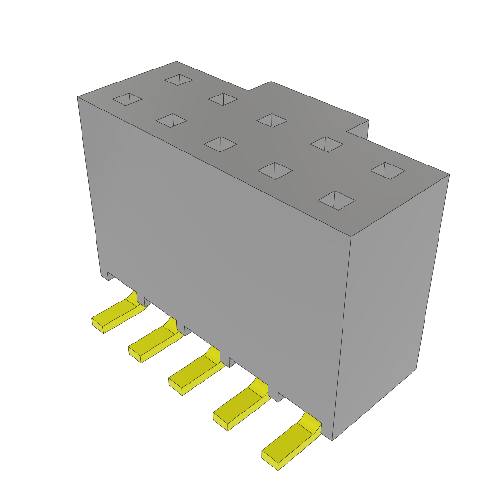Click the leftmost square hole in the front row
[x=127, y=99]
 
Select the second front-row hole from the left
[x=171, y=121]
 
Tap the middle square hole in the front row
[x=220, y=144]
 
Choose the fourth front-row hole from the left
[x=275, y=170]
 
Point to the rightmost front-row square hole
[x=336, y=200]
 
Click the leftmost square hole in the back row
[x=178, y=80]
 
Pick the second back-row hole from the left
[x=223, y=99]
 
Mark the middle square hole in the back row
[x=272, y=121]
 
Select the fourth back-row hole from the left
[x=327, y=144]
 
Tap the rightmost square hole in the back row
[x=387, y=170]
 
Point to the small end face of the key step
[x=358, y=129]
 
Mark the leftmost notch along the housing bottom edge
[x=110, y=275]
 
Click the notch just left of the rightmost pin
[x=281, y=397]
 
